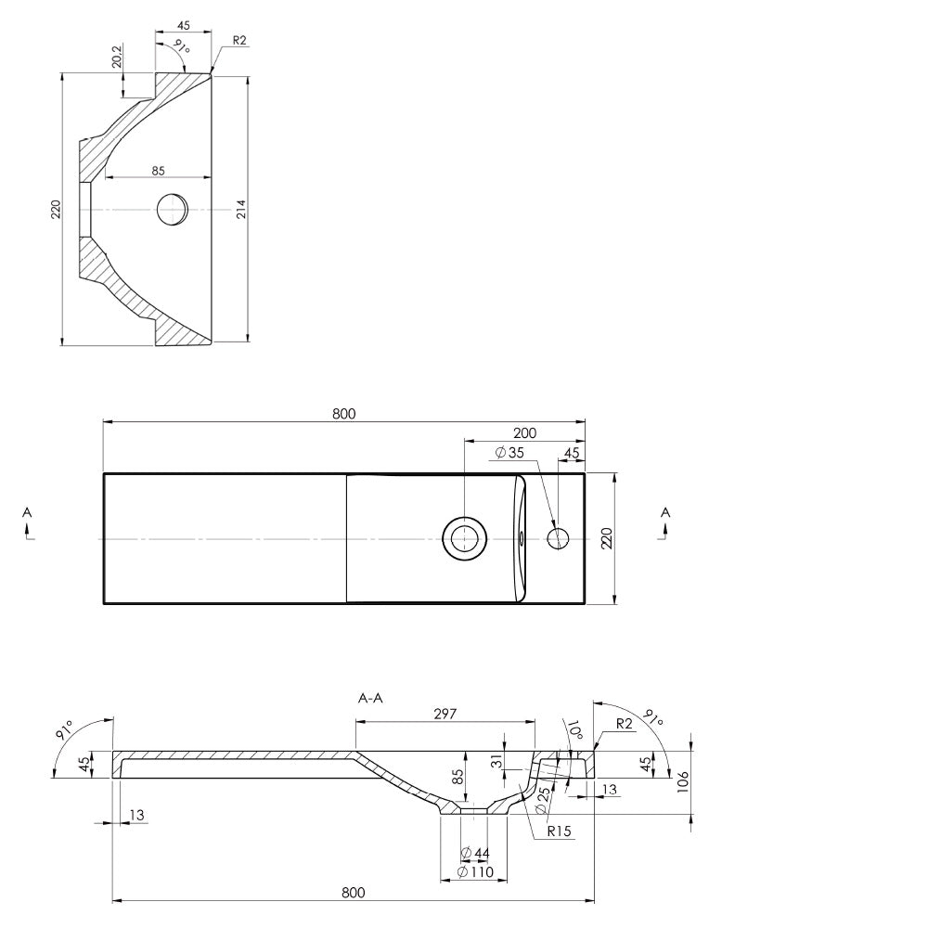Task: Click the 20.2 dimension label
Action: point(117,58)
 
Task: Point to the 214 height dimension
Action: point(241,210)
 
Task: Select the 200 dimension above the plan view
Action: point(524,433)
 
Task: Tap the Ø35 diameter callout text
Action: point(509,453)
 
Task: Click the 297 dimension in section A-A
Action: point(445,714)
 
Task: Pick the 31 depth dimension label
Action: point(497,761)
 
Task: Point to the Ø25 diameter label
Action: point(543,800)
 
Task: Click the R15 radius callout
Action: point(559,831)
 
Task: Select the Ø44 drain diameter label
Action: point(475,853)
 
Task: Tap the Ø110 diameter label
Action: point(476,871)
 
